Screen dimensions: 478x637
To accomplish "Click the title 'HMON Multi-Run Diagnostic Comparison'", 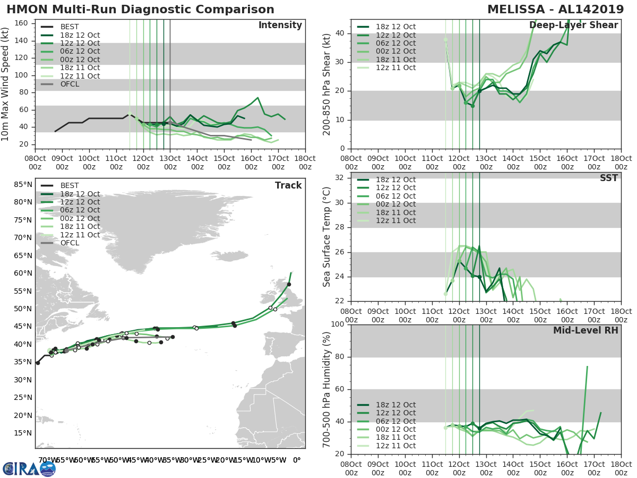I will pyautogui.click(x=140, y=10).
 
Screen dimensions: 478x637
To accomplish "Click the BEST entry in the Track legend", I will pyautogui.click(x=70, y=185).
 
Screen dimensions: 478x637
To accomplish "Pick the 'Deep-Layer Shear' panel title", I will pyautogui.click(x=573, y=25).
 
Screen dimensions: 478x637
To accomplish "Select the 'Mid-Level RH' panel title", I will pyautogui.click(x=585, y=330).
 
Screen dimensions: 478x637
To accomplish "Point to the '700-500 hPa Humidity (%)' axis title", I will pyautogui.click(x=327, y=389).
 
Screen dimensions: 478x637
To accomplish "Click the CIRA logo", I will pyautogui.click(x=29, y=468).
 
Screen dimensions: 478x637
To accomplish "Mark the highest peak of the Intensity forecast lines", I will pyautogui.click(x=257, y=98).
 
